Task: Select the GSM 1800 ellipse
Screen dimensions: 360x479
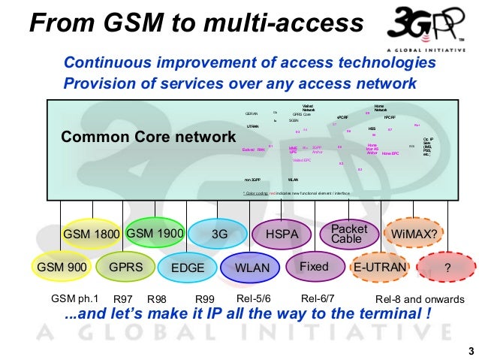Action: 92,234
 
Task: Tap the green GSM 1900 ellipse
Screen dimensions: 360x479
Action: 155,233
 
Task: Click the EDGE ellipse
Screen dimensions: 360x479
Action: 188,268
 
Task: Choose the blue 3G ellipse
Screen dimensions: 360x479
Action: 219,234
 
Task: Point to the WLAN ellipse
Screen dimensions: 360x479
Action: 252,268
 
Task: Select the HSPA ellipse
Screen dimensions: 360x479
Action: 282,234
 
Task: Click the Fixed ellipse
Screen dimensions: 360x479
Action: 314,267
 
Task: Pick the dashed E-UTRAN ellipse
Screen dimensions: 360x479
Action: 379,267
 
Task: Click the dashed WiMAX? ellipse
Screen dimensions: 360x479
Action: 413,234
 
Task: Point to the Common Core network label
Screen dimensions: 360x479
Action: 148,138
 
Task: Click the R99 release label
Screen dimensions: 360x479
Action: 205,300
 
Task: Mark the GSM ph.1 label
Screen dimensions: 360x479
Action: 74,299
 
